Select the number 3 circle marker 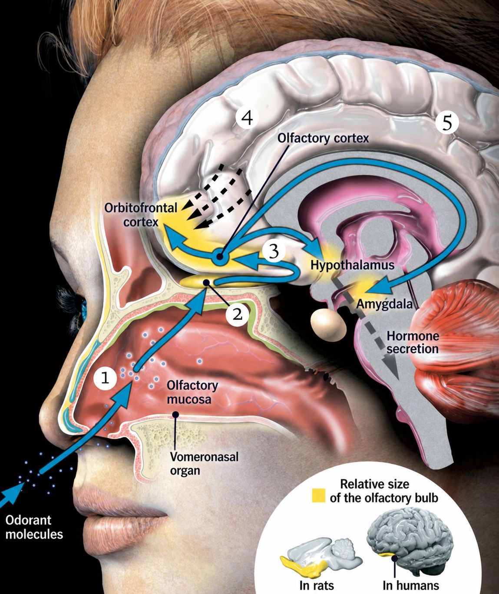(x=274, y=251)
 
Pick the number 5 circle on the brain (x=447, y=123)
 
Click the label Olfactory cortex (x=323, y=138)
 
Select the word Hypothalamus (x=352, y=265)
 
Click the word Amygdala (x=384, y=304)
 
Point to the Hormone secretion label (x=413, y=343)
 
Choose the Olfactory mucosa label (x=192, y=393)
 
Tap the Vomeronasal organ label (x=204, y=464)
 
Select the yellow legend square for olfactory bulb (x=319, y=495)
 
